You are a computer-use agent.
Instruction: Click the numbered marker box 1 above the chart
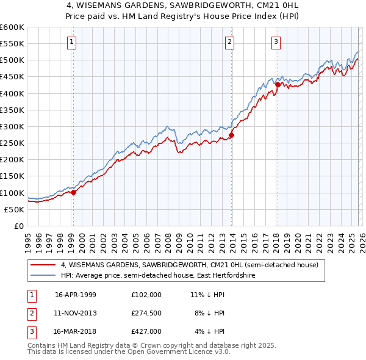[x=72, y=42]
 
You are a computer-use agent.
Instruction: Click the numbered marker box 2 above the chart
[x=229, y=42]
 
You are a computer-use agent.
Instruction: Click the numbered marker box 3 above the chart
[x=276, y=42]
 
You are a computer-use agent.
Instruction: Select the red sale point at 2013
[x=231, y=135]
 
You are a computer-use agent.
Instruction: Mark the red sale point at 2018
[x=278, y=85]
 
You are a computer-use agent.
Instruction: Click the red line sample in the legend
[x=44, y=265]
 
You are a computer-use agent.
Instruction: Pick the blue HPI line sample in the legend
[x=44, y=276]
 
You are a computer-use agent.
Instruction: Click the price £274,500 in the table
[x=147, y=313]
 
